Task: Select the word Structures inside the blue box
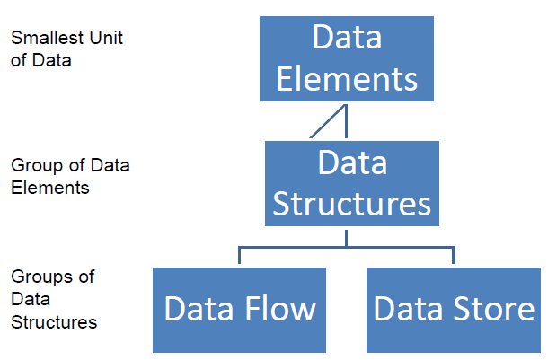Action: (x=352, y=203)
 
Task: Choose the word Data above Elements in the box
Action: (x=347, y=37)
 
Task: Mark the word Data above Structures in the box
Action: (x=352, y=163)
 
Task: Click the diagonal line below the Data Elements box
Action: (x=328, y=121)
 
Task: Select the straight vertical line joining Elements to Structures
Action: (x=346, y=121)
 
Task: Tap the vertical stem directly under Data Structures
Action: (x=346, y=237)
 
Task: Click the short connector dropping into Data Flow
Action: (x=239, y=256)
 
